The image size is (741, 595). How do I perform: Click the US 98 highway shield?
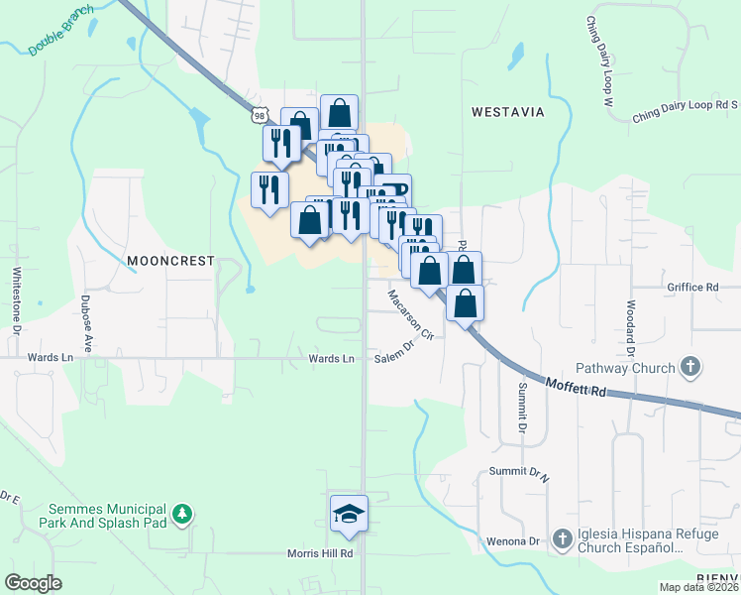259,115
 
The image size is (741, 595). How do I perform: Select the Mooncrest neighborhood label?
170,261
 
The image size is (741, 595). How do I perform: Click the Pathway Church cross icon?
690,368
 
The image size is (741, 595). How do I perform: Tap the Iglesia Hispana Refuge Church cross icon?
562,538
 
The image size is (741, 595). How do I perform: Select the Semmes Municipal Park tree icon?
181,514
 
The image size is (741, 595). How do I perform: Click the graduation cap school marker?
349,514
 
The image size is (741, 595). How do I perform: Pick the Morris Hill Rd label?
320,553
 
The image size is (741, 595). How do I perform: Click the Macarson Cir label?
411,315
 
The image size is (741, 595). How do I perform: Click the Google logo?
33,582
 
